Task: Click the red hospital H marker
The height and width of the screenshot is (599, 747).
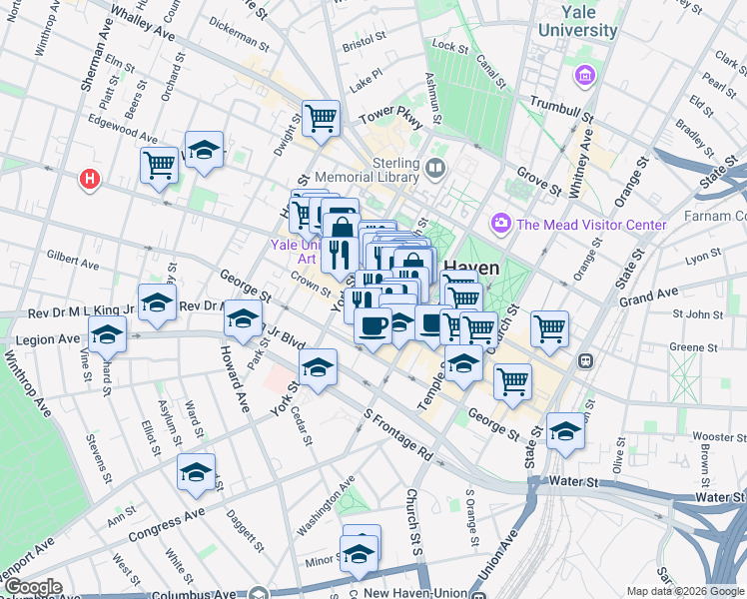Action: (x=90, y=179)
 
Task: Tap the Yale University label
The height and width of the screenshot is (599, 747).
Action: (x=578, y=20)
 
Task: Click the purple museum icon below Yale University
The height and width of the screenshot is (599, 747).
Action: (x=585, y=75)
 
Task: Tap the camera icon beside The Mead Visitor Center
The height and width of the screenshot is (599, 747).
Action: (x=500, y=225)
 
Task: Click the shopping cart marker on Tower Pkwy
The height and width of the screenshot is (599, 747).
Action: (x=322, y=119)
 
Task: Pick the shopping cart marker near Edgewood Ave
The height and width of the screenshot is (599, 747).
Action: (x=159, y=165)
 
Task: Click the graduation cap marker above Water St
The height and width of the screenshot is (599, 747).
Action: (x=565, y=431)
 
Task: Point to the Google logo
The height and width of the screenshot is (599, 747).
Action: (x=32, y=587)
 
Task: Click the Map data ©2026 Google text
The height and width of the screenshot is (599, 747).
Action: (x=685, y=591)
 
